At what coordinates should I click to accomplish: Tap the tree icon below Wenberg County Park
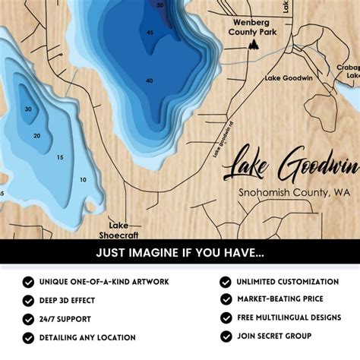click(x=252, y=46)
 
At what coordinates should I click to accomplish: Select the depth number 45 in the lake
click(x=150, y=33)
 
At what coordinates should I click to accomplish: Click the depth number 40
click(x=149, y=81)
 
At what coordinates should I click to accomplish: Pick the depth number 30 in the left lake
click(x=28, y=109)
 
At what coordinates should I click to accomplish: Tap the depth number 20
click(x=36, y=136)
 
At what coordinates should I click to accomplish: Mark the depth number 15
click(x=59, y=157)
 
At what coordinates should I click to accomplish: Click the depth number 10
click(x=82, y=180)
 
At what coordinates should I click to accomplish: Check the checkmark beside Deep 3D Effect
click(x=28, y=300)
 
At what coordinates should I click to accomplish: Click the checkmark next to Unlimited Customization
click(x=226, y=282)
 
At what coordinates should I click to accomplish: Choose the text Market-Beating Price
click(x=279, y=299)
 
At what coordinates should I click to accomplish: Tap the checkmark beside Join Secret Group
click(x=226, y=336)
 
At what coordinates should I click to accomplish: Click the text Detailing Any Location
click(x=87, y=337)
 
